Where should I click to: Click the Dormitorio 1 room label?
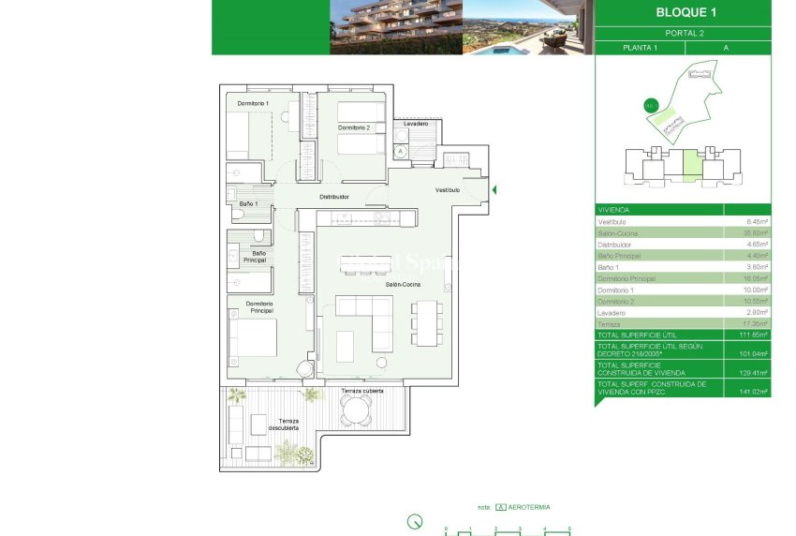(253, 103)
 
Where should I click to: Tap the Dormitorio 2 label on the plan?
(354, 127)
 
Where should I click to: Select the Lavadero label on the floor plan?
(416, 124)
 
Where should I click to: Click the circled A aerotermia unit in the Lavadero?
(401, 150)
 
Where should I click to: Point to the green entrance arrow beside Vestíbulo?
(494, 190)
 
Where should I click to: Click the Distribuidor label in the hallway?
(333, 197)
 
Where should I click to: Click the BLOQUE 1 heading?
(683, 12)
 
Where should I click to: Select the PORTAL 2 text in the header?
(683, 33)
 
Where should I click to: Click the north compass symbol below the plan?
(414, 521)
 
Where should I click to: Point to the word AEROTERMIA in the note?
(530, 507)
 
